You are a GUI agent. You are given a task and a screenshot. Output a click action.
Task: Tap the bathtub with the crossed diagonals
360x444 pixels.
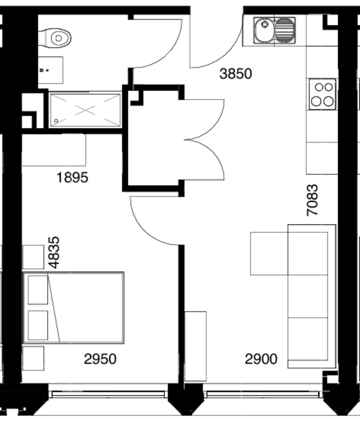[85, 110]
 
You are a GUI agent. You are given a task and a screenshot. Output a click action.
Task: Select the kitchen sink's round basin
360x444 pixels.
[265, 30]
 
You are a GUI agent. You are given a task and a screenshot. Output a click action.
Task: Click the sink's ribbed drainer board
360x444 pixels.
[285, 30]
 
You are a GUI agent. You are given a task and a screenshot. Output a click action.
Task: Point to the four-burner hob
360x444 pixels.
[323, 94]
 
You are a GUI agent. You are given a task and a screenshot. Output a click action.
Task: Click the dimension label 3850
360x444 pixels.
[236, 74]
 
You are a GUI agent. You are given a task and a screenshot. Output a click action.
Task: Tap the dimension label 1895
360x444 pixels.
[73, 178]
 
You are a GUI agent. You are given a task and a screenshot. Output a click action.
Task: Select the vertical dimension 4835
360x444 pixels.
[54, 252]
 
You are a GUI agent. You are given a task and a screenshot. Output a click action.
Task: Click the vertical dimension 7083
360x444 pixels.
[313, 200]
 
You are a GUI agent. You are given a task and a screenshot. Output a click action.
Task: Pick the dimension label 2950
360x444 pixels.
[100, 359]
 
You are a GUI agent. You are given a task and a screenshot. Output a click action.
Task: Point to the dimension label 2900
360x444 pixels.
[261, 359]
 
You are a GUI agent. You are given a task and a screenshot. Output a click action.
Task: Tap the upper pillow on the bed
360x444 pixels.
[38, 290]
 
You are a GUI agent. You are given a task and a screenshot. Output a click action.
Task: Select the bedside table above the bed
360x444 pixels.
[33, 257]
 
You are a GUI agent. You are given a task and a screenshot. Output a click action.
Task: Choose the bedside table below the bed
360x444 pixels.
[33, 358]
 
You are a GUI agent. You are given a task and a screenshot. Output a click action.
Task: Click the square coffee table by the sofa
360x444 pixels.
[269, 253]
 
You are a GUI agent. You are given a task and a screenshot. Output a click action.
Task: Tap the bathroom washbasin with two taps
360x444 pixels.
[50, 70]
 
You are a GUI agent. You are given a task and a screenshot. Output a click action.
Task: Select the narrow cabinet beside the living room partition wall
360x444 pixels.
[195, 346]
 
